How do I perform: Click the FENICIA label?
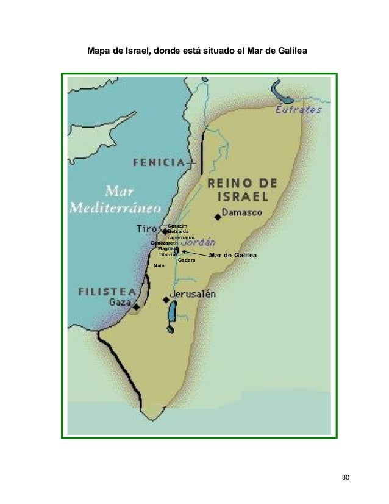click(159, 162)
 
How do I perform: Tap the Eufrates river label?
click(299, 110)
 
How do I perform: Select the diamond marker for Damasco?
click(218, 217)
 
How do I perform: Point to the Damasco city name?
click(243, 214)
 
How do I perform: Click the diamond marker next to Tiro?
click(165, 232)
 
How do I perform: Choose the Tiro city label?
click(148, 229)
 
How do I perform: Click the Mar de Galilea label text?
click(233, 255)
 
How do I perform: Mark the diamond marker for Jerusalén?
click(166, 300)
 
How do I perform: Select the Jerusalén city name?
click(193, 294)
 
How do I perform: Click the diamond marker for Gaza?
click(136, 306)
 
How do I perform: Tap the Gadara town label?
click(187, 261)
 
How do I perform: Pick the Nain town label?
click(159, 266)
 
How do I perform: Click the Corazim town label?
click(177, 226)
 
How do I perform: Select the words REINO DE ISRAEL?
click(242, 190)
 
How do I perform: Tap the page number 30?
click(346, 477)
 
